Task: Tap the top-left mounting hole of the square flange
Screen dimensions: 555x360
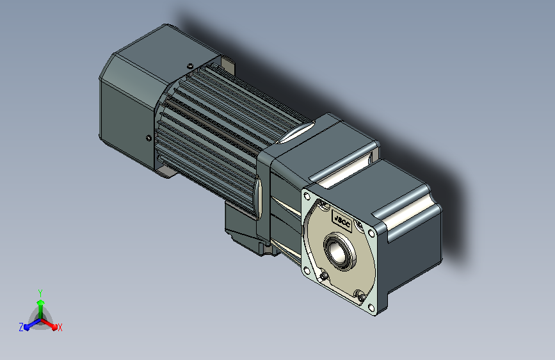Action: [x=307, y=196]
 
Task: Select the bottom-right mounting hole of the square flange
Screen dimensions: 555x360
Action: [x=371, y=307]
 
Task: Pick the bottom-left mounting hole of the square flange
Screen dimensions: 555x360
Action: [x=307, y=271]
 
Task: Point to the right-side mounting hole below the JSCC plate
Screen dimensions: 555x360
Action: [x=371, y=233]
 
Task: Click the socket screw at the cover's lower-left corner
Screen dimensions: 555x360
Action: [x=323, y=276]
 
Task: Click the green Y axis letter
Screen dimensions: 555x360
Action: [x=40, y=293]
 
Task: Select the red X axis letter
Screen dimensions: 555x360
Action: [x=60, y=328]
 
